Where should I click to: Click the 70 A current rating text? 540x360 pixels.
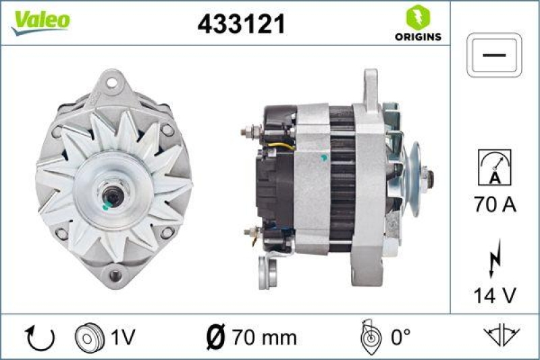[495, 205]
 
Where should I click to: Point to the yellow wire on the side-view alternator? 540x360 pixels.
[283, 145]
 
